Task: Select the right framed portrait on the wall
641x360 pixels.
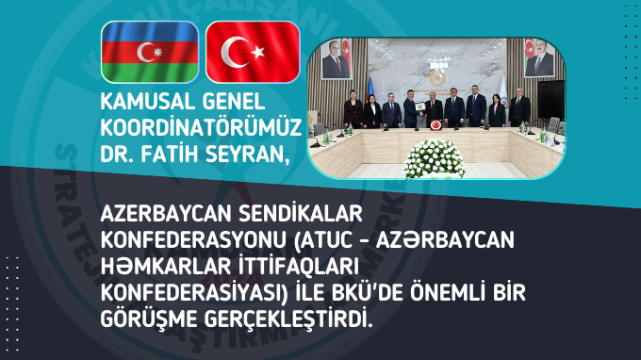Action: [538, 63]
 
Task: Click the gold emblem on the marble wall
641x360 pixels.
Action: [436, 74]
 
